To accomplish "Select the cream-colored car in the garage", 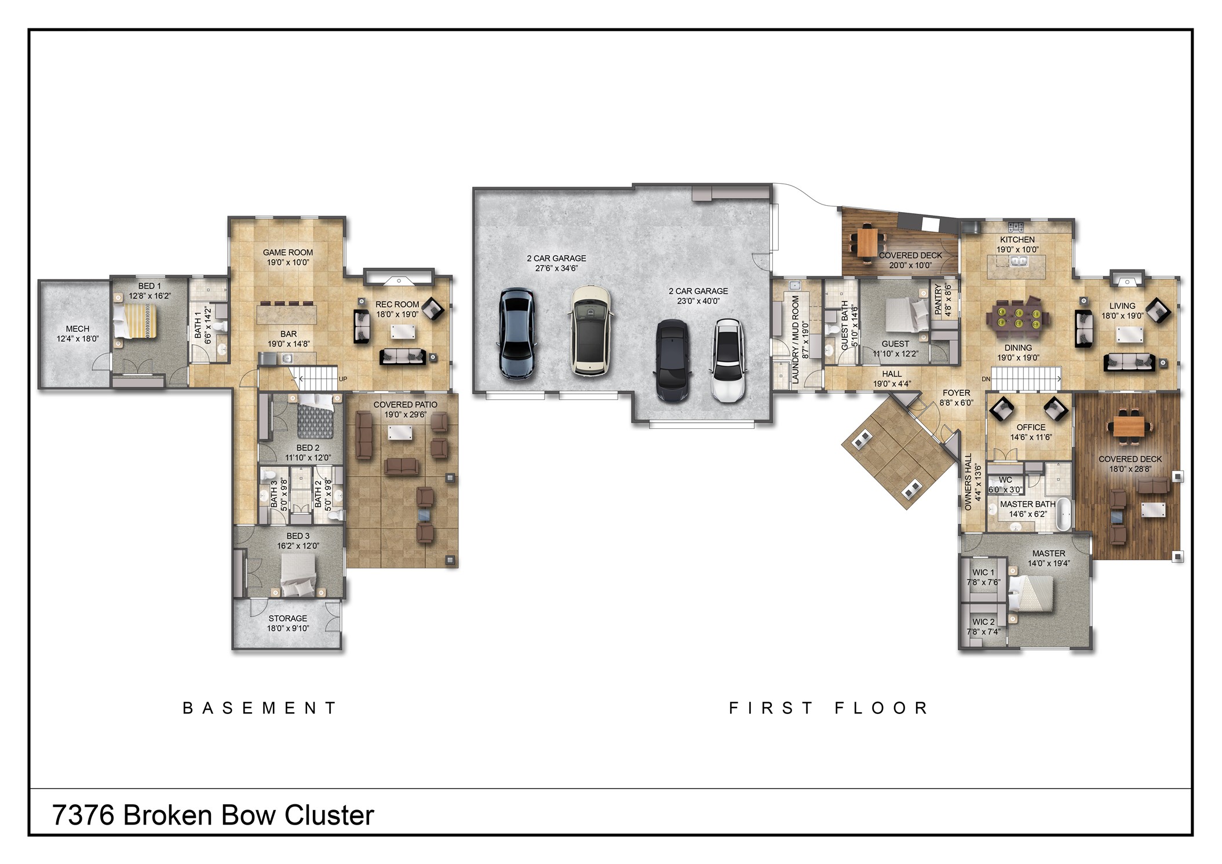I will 590,331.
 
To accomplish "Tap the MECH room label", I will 78,329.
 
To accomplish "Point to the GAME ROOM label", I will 288,252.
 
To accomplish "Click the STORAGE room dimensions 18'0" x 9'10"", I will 288,628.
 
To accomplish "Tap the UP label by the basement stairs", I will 343,379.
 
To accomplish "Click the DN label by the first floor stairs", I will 986,379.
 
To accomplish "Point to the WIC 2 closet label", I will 983,622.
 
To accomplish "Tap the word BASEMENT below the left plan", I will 259,708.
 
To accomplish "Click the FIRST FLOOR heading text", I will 829,708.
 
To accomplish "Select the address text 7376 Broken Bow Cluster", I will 213,815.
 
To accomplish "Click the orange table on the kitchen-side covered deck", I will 867,243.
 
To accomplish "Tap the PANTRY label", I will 938,299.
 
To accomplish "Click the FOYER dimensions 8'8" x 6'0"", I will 956,403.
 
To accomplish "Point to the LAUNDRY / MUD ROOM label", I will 796,340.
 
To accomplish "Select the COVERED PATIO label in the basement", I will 405,404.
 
